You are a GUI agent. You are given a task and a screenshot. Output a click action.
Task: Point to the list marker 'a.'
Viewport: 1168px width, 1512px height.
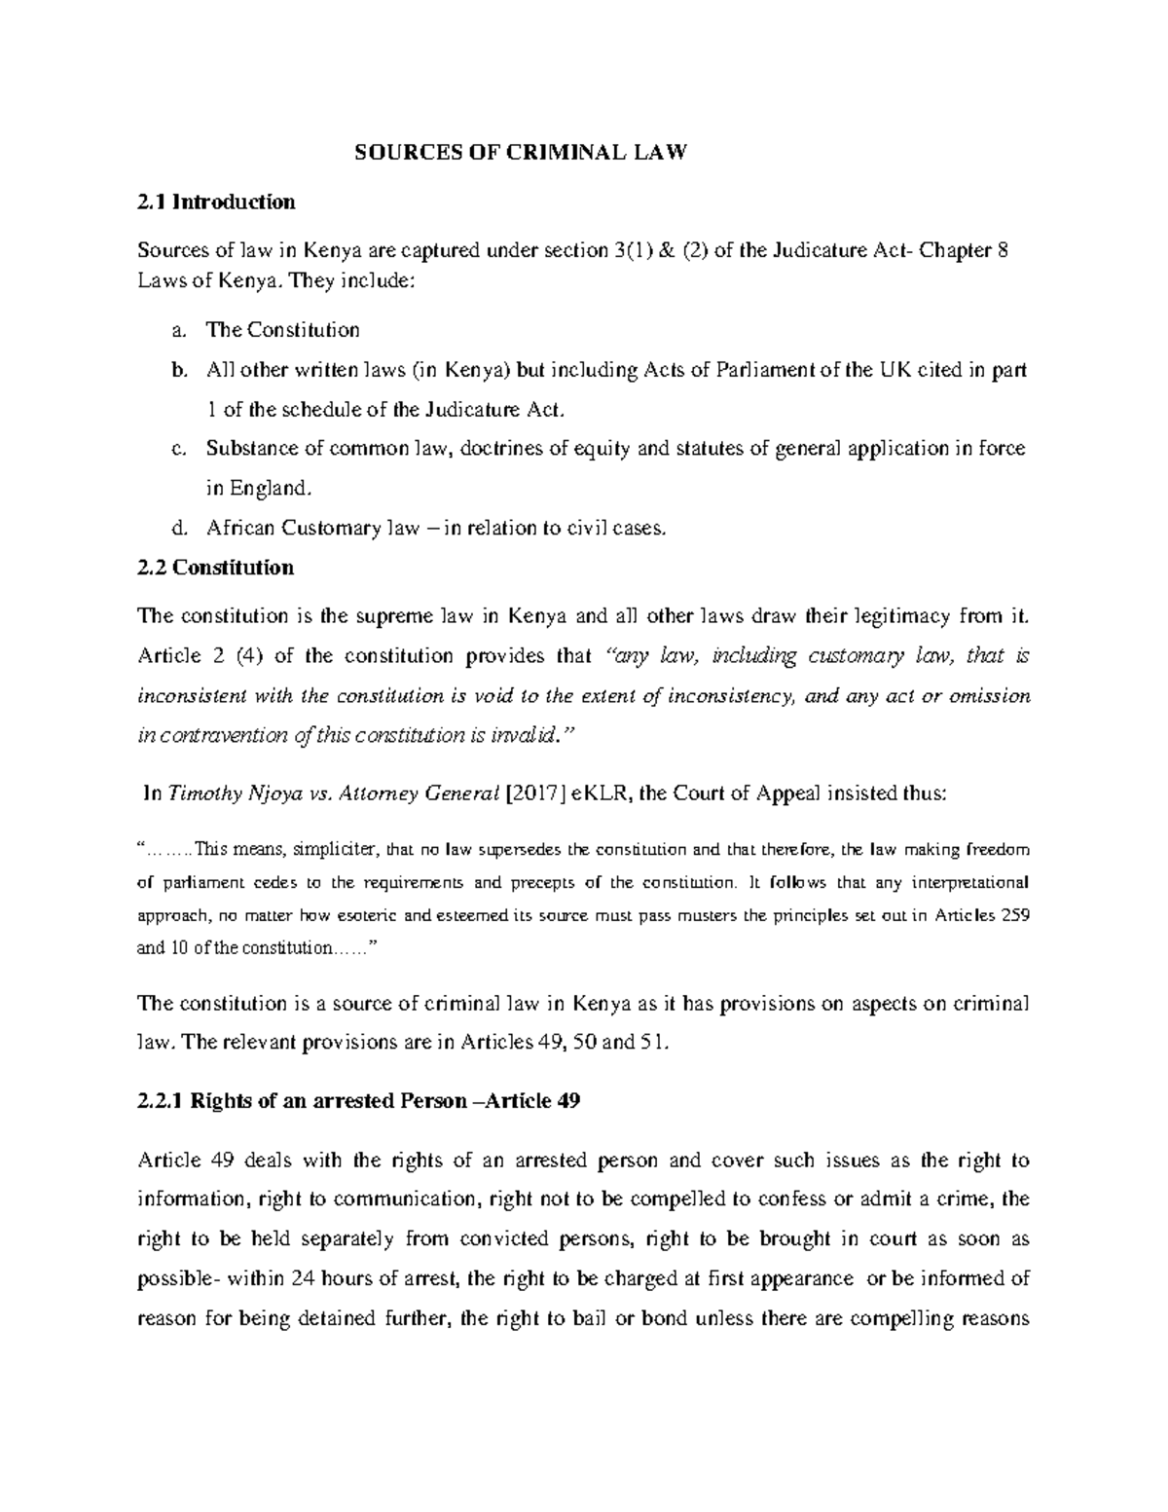tap(176, 330)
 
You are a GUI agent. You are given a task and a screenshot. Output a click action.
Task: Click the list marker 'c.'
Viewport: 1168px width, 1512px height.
tap(176, 449)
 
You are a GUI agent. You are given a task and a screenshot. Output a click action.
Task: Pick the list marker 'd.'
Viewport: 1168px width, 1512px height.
tap(176, 529)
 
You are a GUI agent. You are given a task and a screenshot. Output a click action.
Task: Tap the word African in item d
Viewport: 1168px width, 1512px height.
tap(239, 529)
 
